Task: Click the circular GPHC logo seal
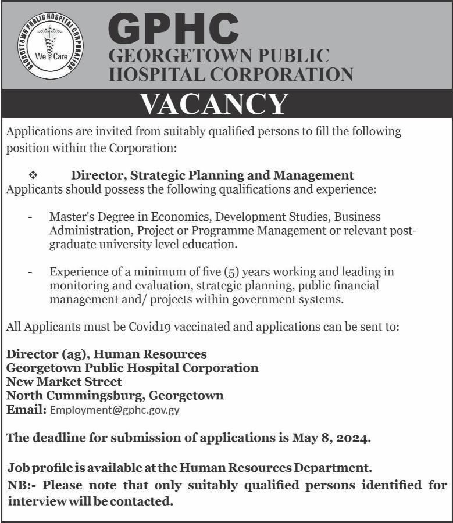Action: click(50, 45)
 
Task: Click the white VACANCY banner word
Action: click(214, 105)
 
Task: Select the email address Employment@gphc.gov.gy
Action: click(115, 410)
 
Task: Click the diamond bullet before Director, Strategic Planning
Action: click(33, 175)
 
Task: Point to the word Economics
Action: click(180, 217)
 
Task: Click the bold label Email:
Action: click(26, 410)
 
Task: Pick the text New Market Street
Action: click(64, 382)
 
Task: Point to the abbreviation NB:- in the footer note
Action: click(23, 485)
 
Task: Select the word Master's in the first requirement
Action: click(70, 217)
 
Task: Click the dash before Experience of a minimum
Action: click(30, 271)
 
